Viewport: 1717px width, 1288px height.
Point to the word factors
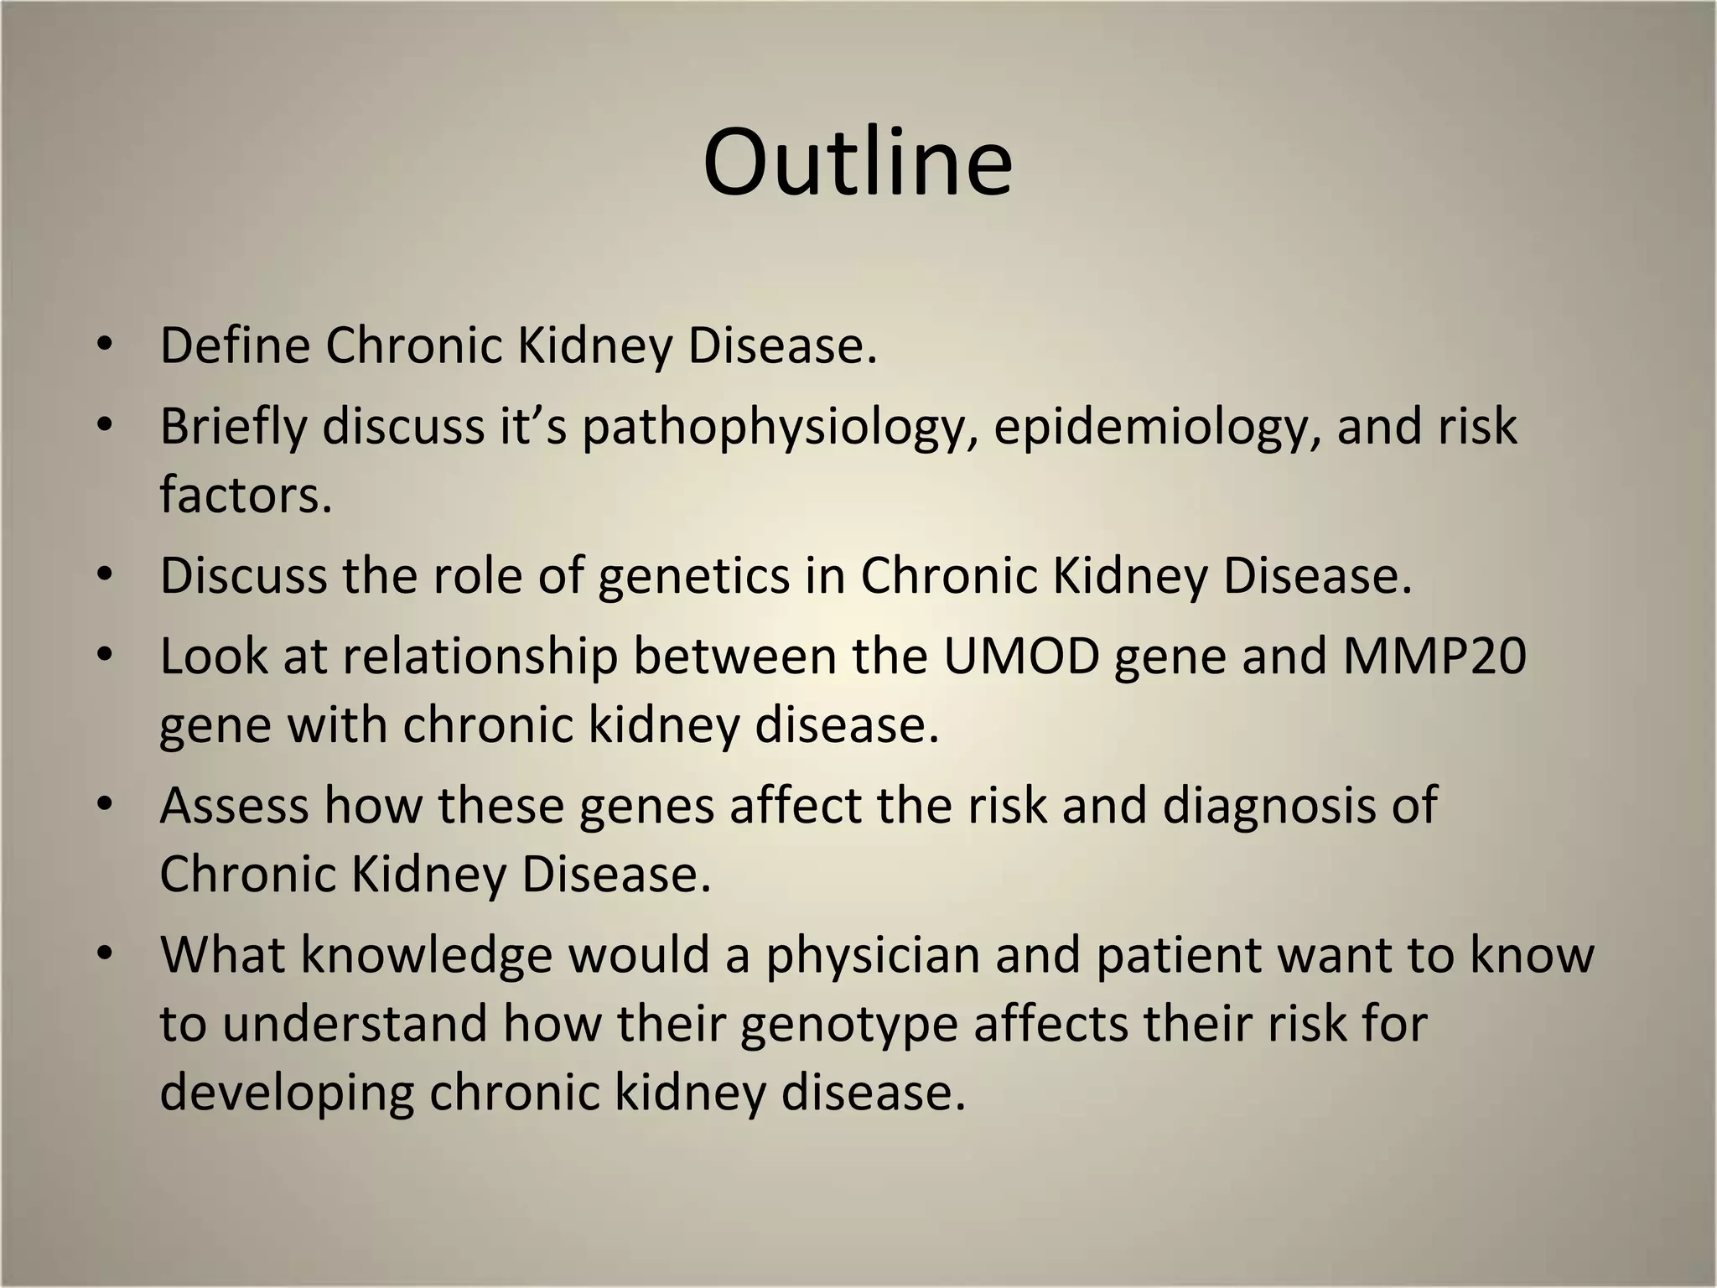245,495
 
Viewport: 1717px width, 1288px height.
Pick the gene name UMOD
1021,656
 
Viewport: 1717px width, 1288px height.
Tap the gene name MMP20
1434,656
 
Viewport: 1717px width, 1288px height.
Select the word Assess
234,805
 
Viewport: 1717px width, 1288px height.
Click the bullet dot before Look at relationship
104,655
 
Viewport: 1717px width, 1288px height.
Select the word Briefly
233,426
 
